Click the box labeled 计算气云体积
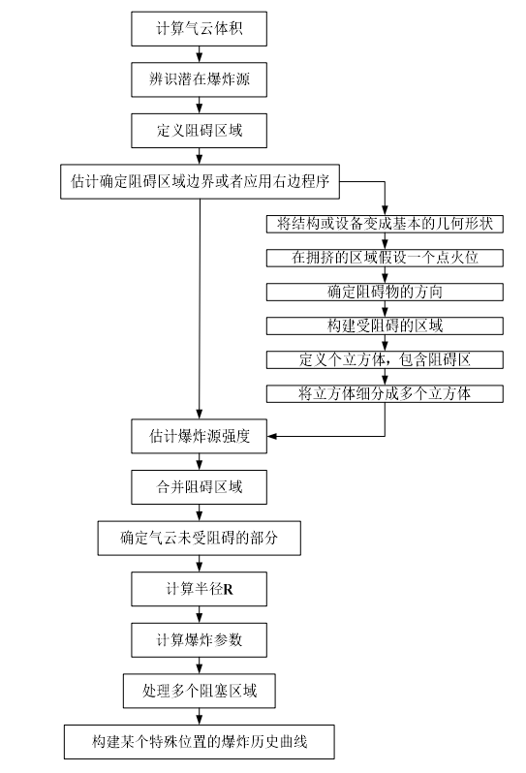[x=199, y=29]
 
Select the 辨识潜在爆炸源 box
[x=199, y=79]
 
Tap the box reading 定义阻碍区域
[x=199, y=131]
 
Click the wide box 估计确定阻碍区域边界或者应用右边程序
[x=200, y=182]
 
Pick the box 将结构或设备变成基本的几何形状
[x=385, y=225]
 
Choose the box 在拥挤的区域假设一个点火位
[x=385, y=258]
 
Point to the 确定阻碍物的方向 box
[x=385, y=292]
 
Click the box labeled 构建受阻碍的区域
[x=385, y=325]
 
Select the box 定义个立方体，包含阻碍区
[x=385, y=360]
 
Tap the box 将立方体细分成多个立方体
[x=385, y=394]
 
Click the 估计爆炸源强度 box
[x=199, y=436]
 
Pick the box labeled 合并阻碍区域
[x=199, y=487]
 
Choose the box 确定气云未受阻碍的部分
[x=200, y=539]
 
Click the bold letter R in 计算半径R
[x=229, y=590]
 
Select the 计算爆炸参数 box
[x=199, y=640]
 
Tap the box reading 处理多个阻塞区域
[x=200, y=692]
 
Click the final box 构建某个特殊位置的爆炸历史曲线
[x=200, y=742]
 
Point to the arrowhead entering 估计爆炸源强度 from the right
[x=271, y=436]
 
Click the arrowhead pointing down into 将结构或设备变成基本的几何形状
[x=385, y=211]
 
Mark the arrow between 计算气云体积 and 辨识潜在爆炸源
[x=200, y=54]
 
